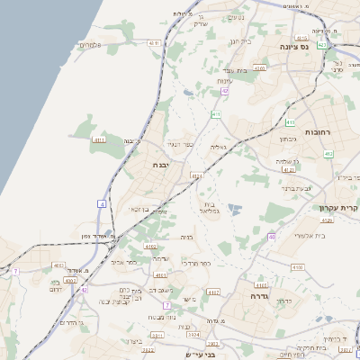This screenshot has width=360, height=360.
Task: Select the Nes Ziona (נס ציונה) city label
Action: click(293, 46)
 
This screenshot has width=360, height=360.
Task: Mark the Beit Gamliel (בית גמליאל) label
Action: click(207, 208)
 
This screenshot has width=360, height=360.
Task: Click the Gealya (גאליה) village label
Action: click(219, 146)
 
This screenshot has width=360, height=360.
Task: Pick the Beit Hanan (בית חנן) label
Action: click(242, 40)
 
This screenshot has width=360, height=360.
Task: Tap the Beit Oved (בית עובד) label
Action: click(235, 70)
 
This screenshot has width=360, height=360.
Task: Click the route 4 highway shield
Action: click(103, 206)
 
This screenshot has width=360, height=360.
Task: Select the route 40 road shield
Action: click(271, 237)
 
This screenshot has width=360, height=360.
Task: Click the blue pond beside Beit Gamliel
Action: click(235, 210)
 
